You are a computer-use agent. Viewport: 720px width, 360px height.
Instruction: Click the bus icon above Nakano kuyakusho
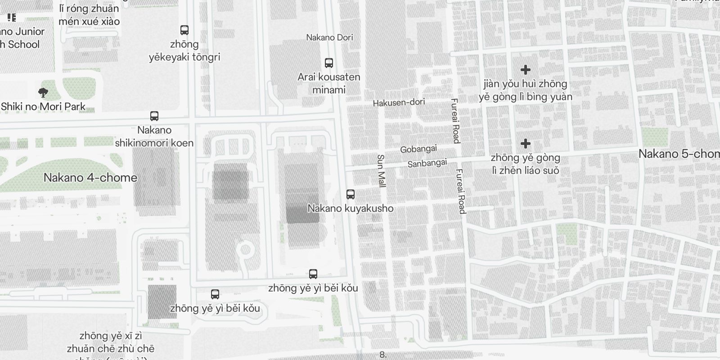click(351, 194)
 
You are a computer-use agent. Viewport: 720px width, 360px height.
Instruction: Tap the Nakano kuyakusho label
click(351, 208)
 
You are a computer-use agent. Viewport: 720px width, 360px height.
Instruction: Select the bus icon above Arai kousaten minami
click(329, 63)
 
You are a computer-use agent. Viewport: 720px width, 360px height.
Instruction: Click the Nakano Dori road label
click(329, 37)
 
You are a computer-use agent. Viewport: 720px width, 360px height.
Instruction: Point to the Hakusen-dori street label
click(399, 103)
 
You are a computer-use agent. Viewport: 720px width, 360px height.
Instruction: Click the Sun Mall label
click(381, 171)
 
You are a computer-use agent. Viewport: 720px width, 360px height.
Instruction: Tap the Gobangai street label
click(418, 149)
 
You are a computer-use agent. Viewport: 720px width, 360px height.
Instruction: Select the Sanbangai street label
click(427, 163)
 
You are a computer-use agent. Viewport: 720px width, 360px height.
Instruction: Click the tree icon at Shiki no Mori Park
click(43, 93)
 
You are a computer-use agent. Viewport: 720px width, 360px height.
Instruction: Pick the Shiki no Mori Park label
click(43, 107)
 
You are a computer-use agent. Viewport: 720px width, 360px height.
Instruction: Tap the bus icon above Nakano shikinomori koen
click(154, 116)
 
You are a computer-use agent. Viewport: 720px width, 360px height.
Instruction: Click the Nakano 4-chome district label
click(90, 177)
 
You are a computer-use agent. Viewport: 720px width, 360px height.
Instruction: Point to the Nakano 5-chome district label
click(679, 154)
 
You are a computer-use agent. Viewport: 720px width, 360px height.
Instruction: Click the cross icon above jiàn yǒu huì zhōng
click(525, 70)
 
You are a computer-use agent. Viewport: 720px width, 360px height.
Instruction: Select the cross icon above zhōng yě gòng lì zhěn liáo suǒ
click(525, 144)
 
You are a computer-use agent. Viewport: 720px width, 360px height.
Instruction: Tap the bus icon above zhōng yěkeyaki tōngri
click(184, 30)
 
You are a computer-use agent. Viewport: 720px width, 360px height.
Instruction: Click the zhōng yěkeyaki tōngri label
click(184, 50)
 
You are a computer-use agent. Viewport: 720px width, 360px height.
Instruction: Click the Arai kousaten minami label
click(329, 83)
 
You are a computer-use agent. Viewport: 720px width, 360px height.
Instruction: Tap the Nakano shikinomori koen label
click(154, 136)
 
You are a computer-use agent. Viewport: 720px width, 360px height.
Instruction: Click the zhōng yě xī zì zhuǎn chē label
click(111, 342)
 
